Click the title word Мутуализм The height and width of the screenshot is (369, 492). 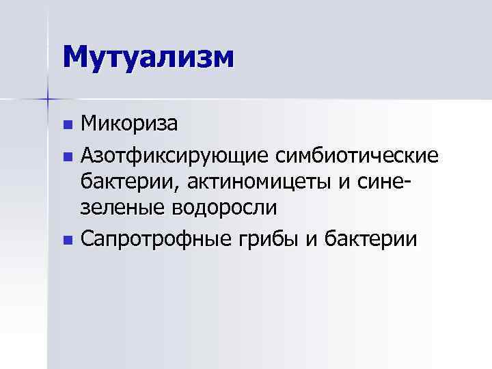[148, 56]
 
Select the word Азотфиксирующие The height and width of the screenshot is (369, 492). [175, 154]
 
